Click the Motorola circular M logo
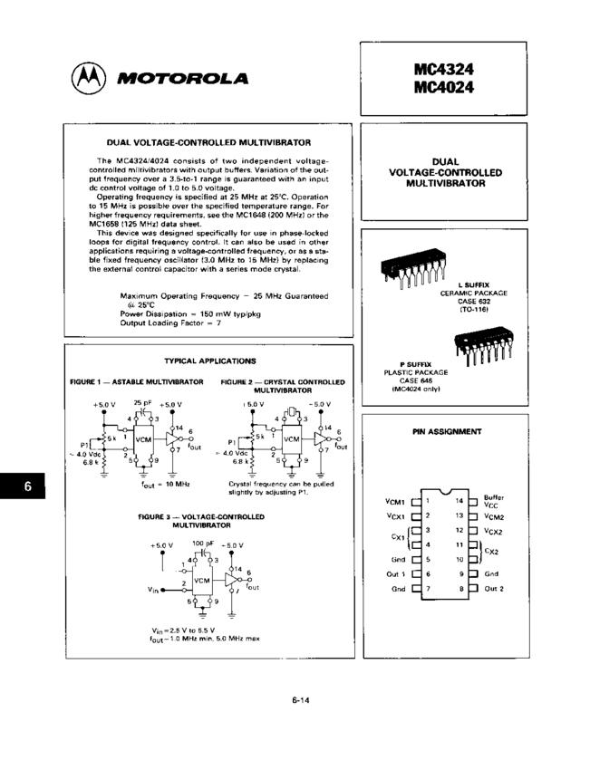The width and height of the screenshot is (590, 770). click(86, 79)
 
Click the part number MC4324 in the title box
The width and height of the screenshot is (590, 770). click(443, 69)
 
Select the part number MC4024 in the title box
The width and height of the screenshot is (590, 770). click(443, 87)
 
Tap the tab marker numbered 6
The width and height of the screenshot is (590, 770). click(27, 486)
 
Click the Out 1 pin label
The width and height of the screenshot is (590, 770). click(393, 574)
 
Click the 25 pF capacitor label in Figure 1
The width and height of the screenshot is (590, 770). click(142, 401)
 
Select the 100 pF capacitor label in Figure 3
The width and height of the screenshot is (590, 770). click(204, 543)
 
